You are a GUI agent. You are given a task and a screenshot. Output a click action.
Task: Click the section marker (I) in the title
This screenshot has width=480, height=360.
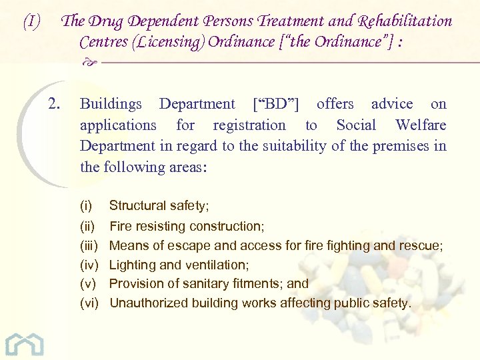[31, 22]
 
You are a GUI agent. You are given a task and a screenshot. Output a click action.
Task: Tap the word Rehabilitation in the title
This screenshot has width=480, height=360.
[401, 21]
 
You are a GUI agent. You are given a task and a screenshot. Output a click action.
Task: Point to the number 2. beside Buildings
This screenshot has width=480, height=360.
[55, 103]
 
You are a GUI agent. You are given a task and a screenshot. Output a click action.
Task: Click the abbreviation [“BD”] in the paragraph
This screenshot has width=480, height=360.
[276, 103]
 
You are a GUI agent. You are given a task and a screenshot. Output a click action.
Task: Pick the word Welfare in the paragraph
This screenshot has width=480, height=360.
[420, 125]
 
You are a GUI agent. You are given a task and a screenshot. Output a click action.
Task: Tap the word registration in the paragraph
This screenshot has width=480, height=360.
[249, 125]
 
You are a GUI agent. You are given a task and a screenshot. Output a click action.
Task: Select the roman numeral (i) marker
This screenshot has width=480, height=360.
[86, 206]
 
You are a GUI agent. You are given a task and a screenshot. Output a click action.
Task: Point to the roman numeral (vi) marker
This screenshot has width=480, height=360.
[89, 303]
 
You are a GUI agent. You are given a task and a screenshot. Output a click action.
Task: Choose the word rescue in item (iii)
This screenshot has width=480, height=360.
[421, 245]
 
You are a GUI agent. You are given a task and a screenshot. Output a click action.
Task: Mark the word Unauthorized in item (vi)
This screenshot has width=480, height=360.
[149, 303]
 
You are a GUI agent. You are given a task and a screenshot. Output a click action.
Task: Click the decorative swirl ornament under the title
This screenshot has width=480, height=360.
[92, 62]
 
